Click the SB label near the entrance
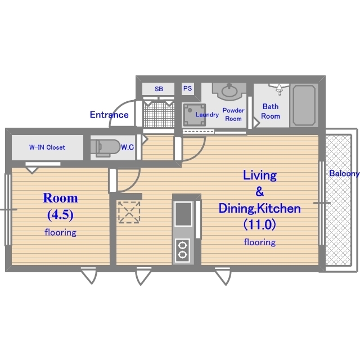point(159,89)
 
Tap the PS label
point(187,88)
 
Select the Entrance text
point(109,115)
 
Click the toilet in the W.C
point(105,148)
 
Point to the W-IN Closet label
point(47,147)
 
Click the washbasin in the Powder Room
point(229,91)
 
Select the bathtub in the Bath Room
point(304,105)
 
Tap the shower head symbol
point(279,89)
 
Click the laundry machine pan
point(193,115)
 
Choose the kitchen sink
point(183,214)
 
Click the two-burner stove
point(182,250)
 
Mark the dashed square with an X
point(129,212)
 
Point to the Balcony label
point(344,173)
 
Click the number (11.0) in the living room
point(260,224)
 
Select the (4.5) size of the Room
point(60,215)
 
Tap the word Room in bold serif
point(60,198)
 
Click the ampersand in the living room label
point(260,191)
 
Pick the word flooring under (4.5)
point(60,232)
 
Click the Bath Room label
point(271,111)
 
